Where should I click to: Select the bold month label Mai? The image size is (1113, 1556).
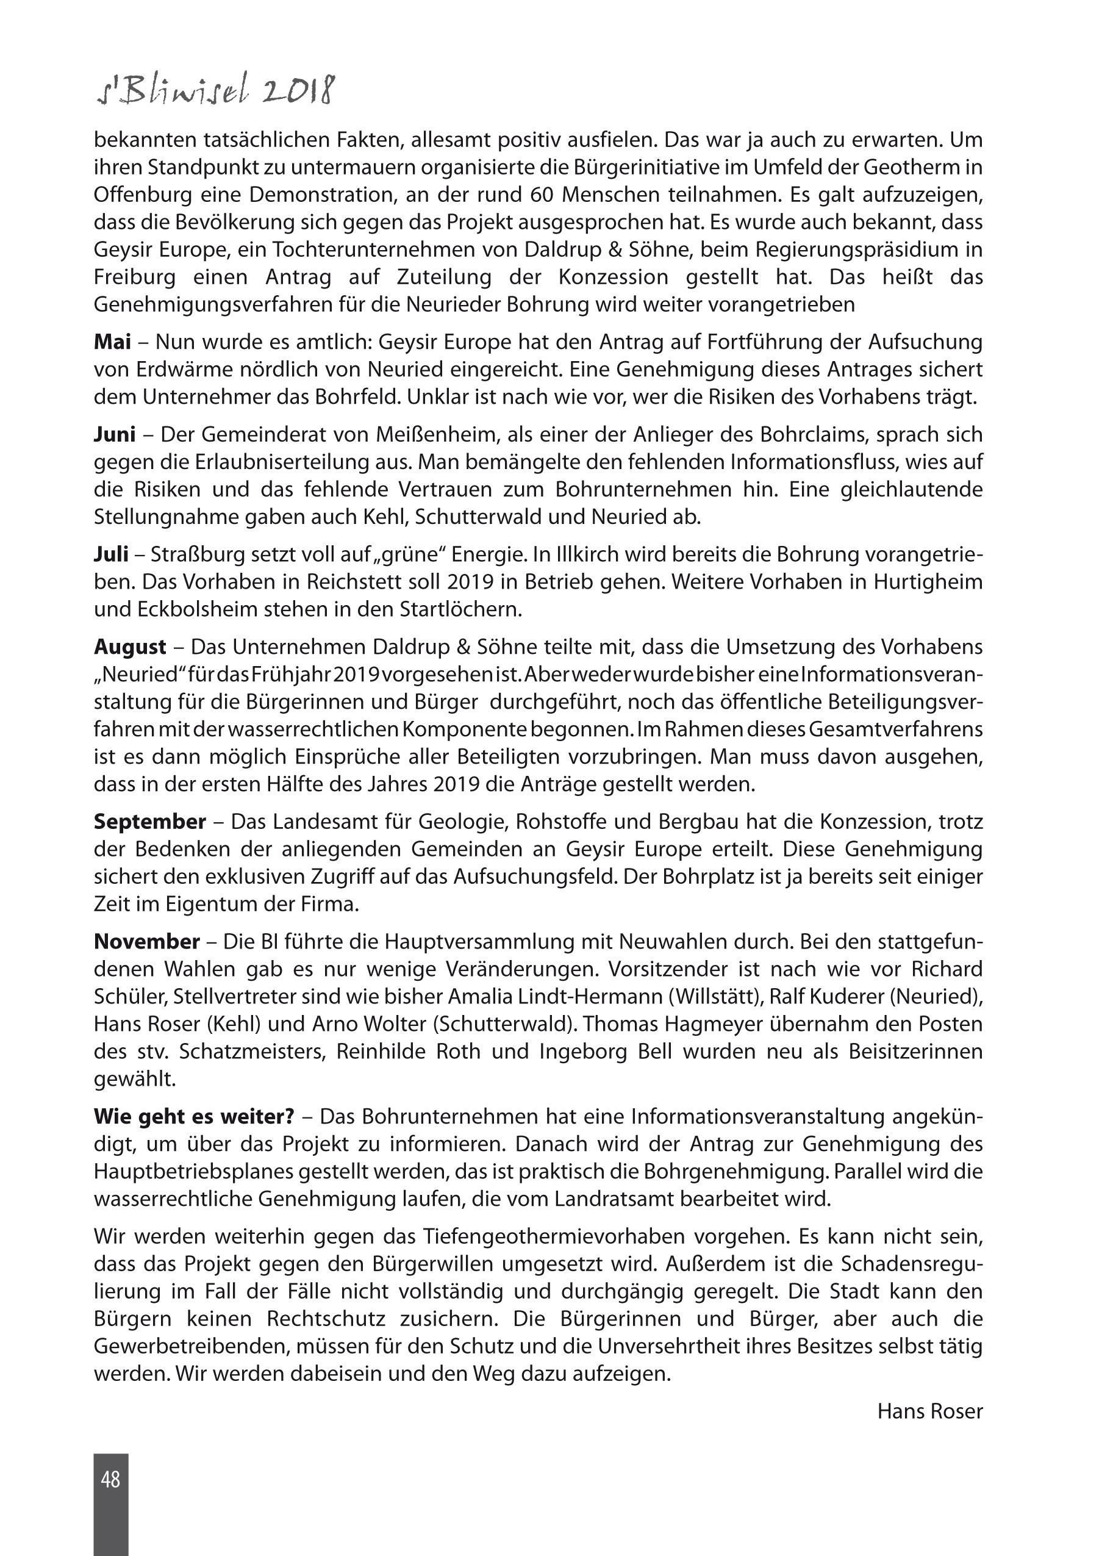(x=112, y=342)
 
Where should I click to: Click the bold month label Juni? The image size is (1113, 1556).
(x=115, y=434)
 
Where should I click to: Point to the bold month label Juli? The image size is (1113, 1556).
(x=111, y=554)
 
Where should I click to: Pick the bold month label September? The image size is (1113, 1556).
(x=150, y=821)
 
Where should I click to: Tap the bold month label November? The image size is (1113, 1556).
(x=146, y=941)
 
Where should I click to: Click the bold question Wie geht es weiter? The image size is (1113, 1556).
(x=194, y=1117)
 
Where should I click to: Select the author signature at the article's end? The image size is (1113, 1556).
(x=930, y=1411)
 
